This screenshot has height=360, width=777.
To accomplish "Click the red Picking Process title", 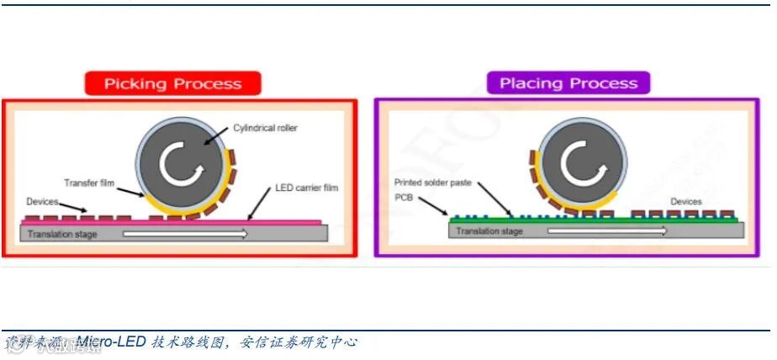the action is [x=172, y=83].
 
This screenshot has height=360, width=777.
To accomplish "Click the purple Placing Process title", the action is [x=568, y=82].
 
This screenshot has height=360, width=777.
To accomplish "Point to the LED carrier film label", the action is [x=307, y=188].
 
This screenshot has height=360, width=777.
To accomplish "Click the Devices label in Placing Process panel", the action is [x=686, y=202].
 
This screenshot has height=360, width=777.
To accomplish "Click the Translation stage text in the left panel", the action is [x=63, y=234].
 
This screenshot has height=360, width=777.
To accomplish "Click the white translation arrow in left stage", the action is [x=186, y=234].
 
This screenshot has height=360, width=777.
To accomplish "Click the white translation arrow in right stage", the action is [x=605, y=230].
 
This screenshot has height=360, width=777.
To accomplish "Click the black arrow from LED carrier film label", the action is [x=262, y=203].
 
